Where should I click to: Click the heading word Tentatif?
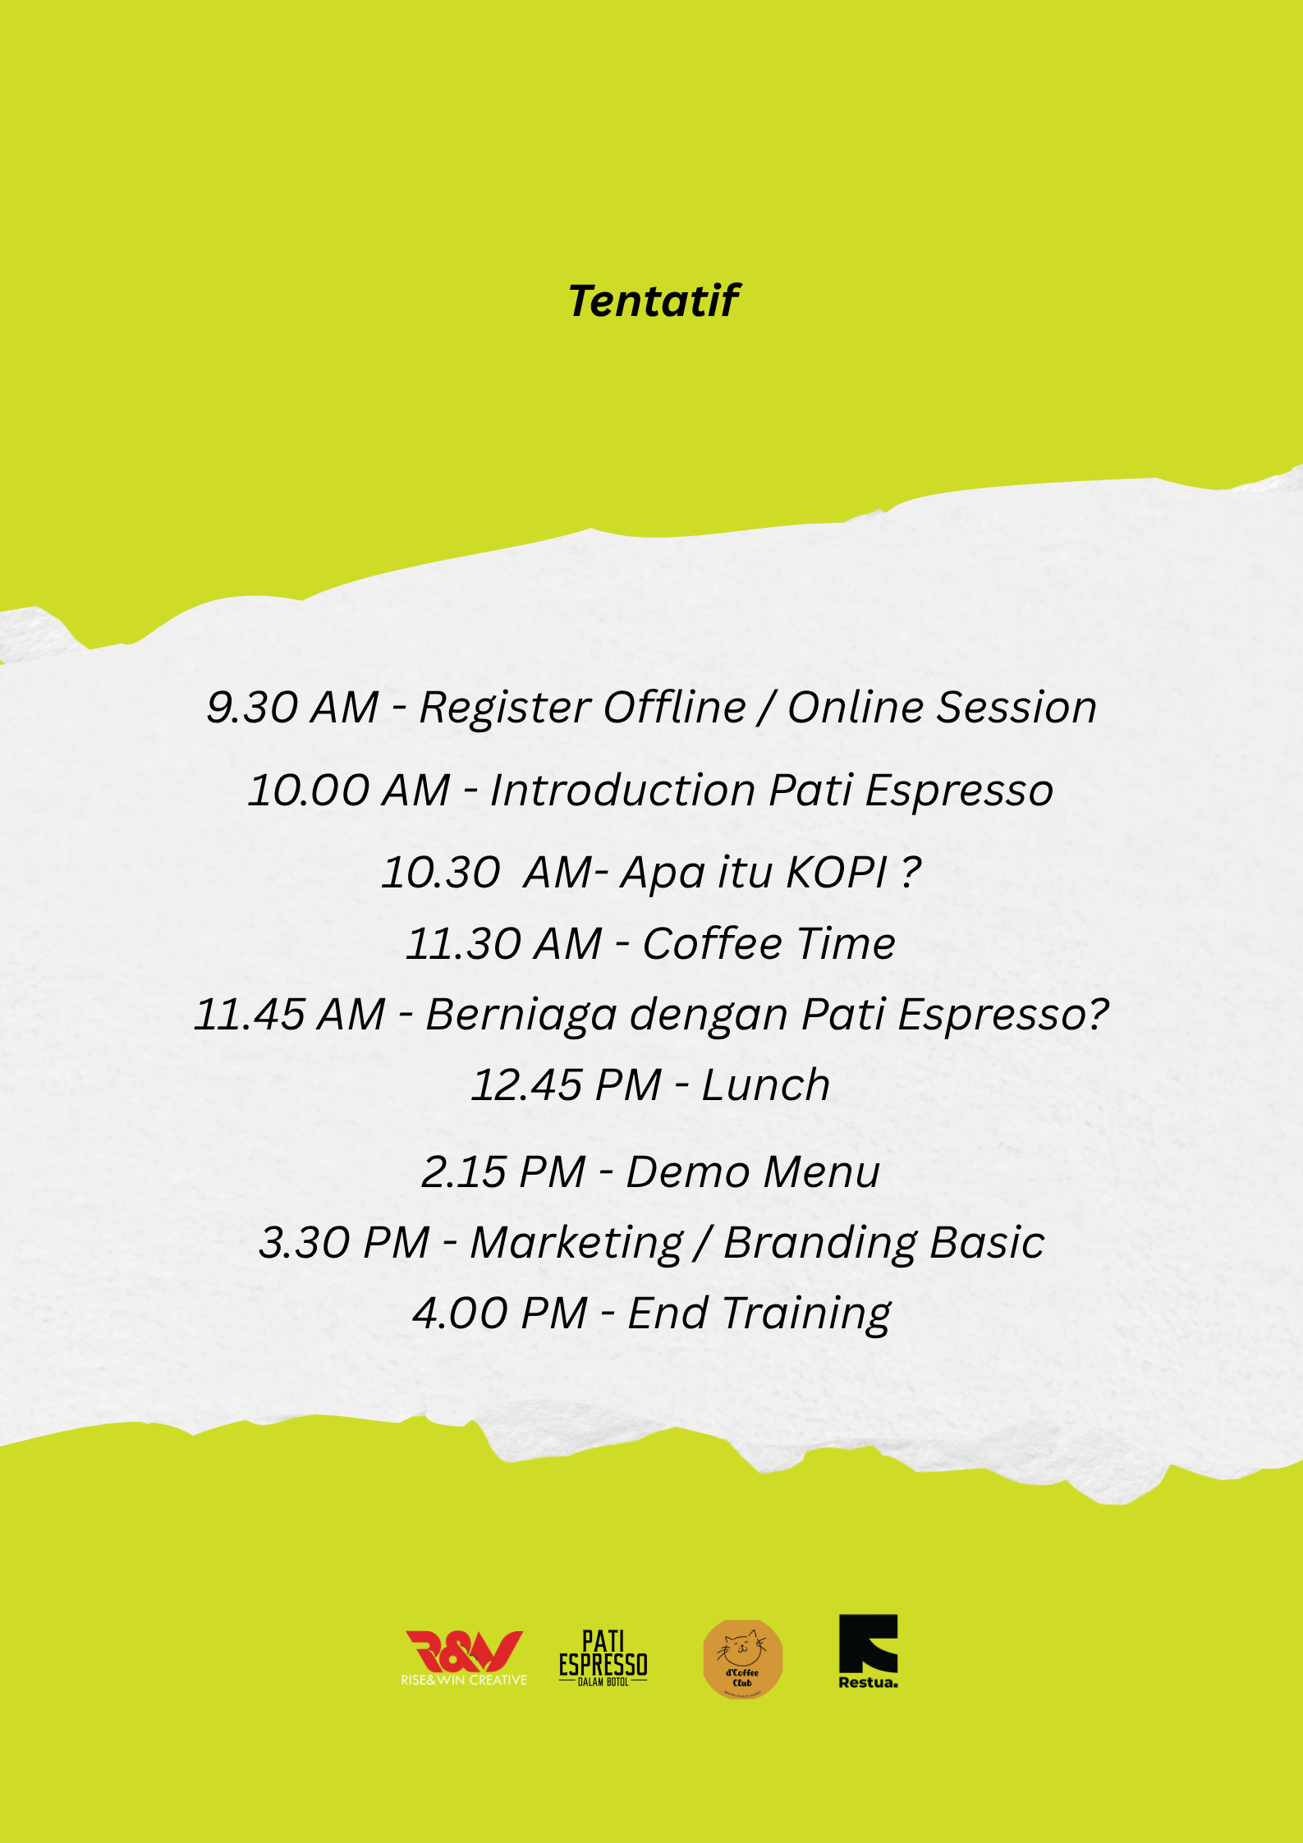654,300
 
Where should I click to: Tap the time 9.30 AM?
292,707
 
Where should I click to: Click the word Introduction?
622,790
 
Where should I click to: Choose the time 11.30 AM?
504,943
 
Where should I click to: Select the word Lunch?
766,1084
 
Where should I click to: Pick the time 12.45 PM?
567,1084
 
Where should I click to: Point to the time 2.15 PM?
503,1171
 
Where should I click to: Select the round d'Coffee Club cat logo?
743,1658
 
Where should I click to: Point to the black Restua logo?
868,1652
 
